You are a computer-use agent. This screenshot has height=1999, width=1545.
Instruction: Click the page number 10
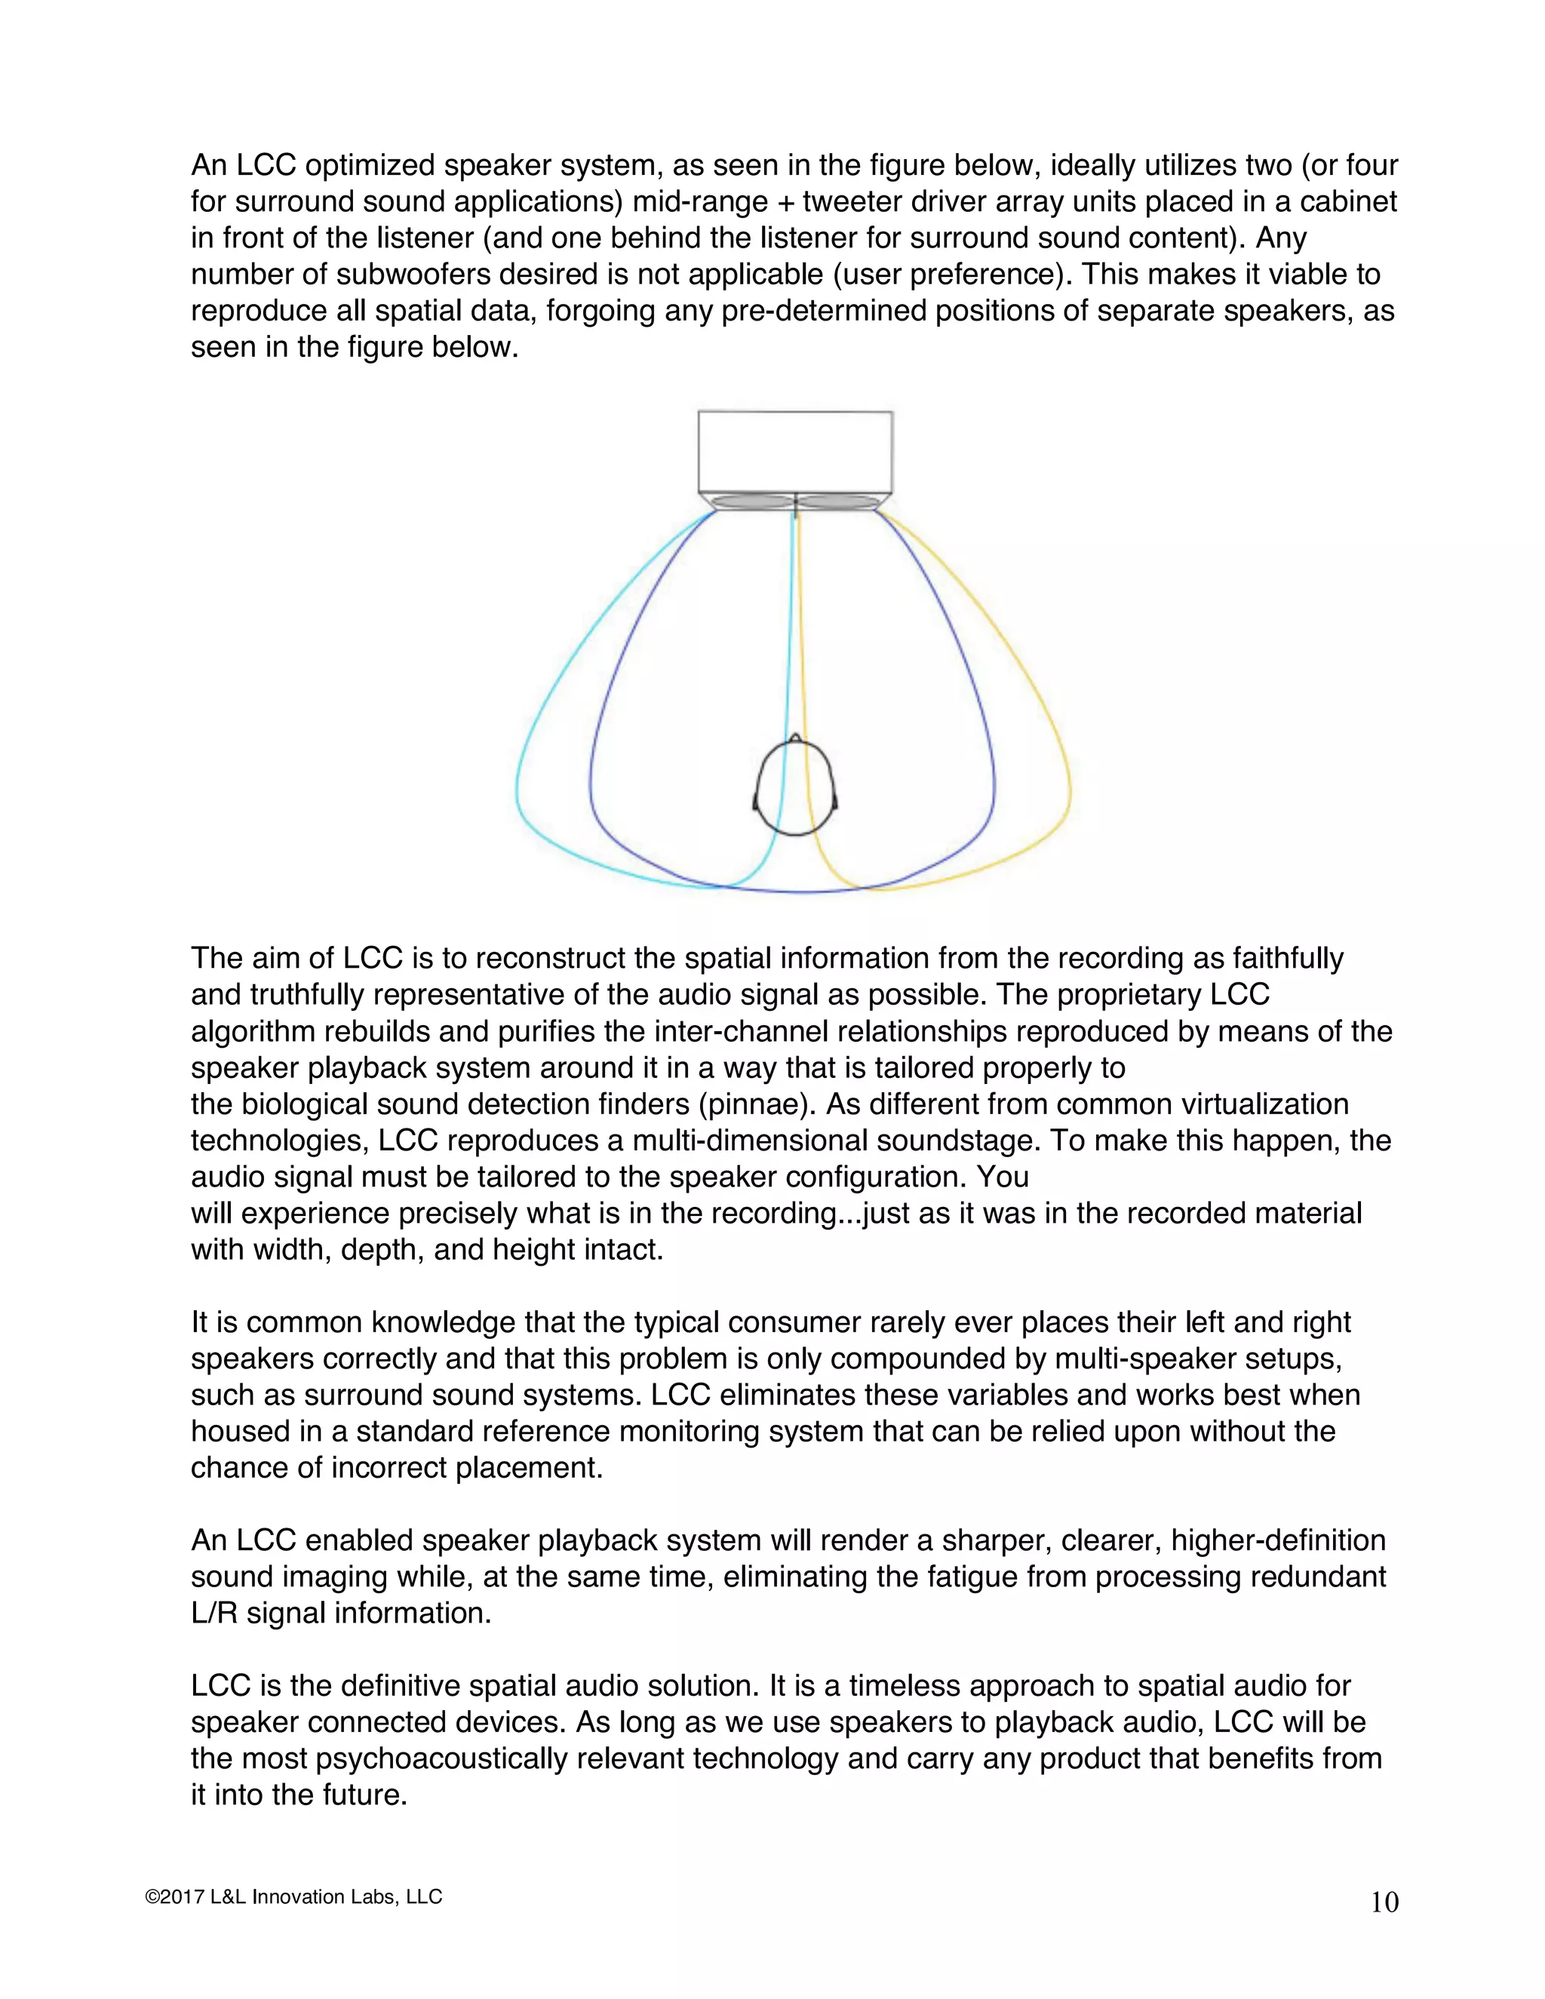(1384, 1903)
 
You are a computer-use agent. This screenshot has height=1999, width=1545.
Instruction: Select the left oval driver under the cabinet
(751, 502)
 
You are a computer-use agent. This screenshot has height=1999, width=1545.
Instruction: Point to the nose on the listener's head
(795, 737)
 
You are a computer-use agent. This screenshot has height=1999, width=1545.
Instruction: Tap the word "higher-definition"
(1278, 1540)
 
